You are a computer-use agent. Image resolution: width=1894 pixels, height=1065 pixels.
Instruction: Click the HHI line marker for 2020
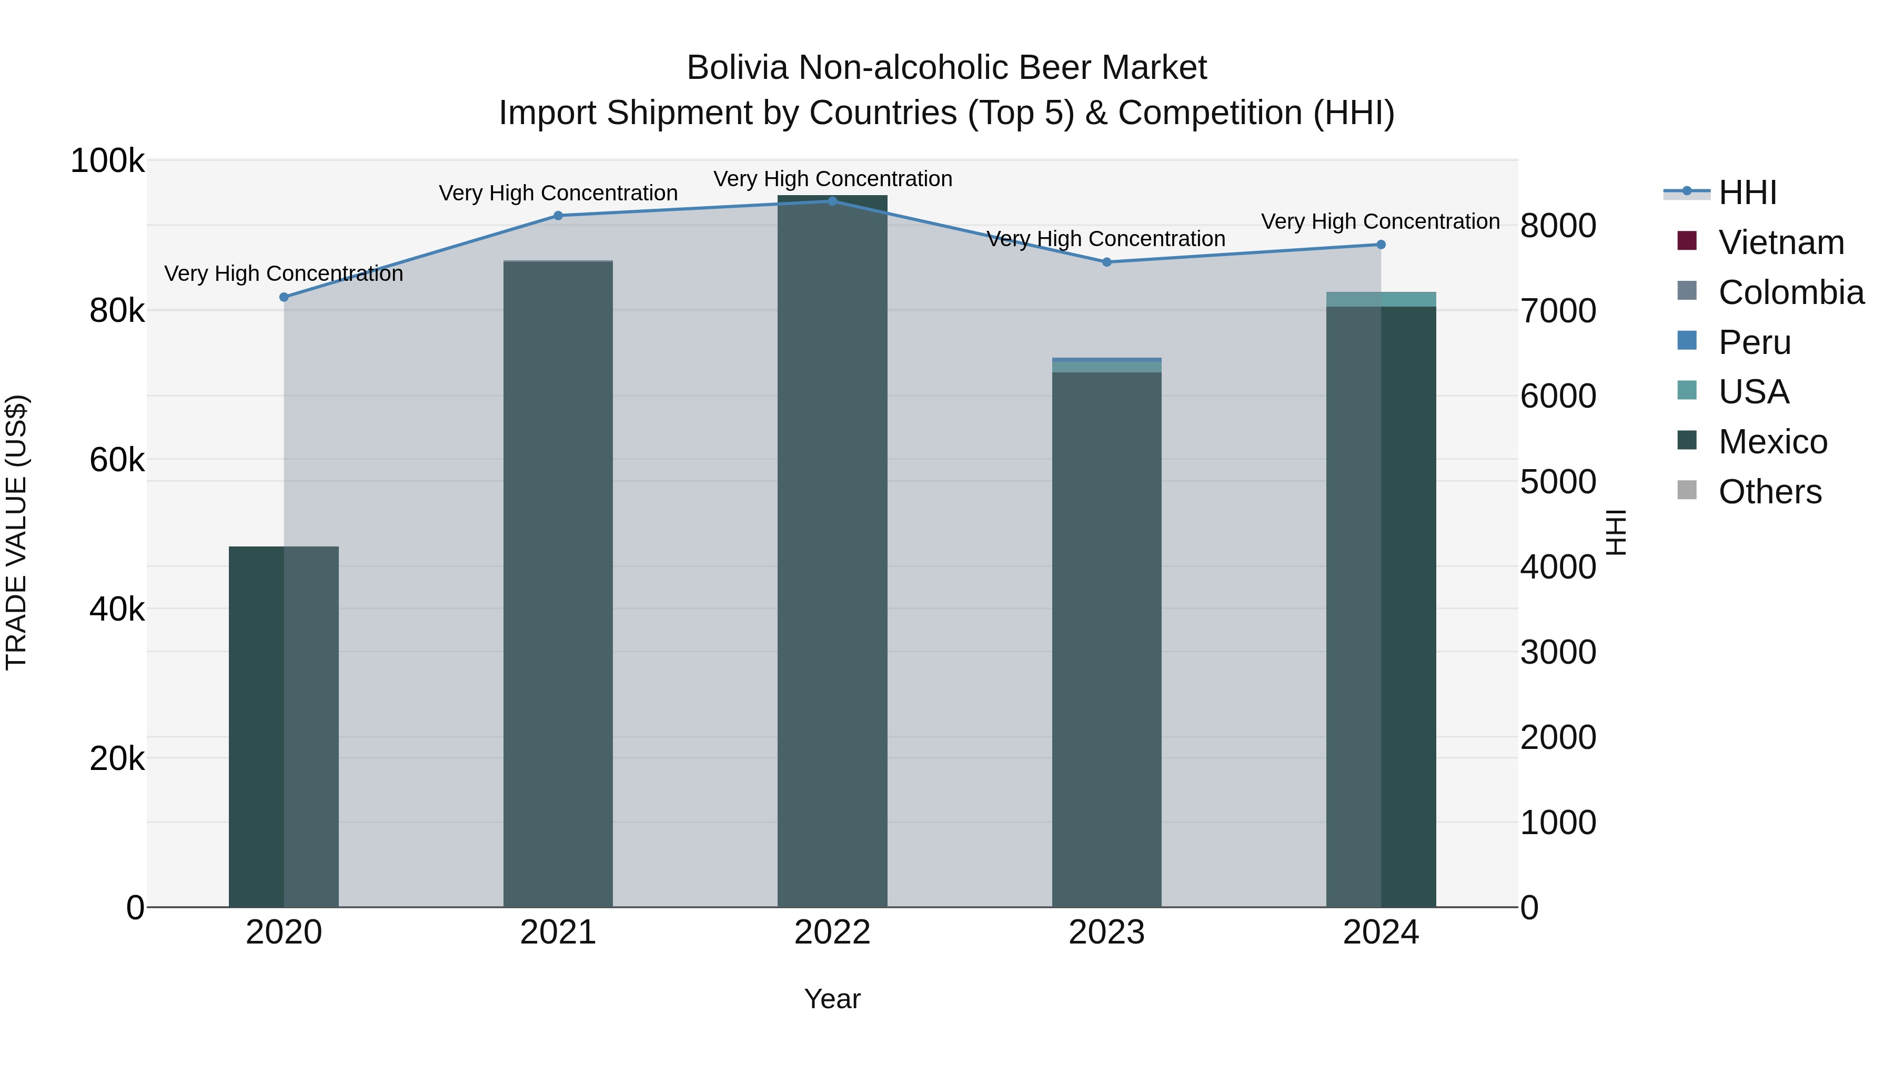pyautogui.click(x=284, y=297)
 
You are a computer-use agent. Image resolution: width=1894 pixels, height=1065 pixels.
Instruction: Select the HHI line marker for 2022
pyautogui.click(x=832, y=201)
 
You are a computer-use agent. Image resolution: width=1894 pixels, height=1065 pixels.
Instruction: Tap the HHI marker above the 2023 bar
pyautogui.click(x=1106, y=262)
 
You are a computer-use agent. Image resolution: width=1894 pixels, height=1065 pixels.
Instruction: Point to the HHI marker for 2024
pyautogui.click(x=1381, y=245)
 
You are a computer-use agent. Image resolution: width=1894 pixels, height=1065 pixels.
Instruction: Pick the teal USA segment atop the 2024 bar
pyautogui.click(x=1381, y=299)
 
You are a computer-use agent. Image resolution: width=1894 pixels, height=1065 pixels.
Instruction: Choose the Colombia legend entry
pyautogui.click(x=1790, y=292)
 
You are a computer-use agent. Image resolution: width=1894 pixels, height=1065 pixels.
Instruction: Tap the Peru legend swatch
pyautogui.click(x=1687, y=341)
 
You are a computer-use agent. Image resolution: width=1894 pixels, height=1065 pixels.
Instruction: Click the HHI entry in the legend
pyautogui.click(x=1747, y=192)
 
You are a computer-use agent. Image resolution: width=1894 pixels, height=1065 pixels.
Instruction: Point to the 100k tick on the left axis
pyautogui.click(x=107, y=161)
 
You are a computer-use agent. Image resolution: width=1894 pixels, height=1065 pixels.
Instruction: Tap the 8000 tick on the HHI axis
pyautogui.click(x=1558, y=226)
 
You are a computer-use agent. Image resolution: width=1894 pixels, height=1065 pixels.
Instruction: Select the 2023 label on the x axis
pyautogui.click(x=1106, y=932)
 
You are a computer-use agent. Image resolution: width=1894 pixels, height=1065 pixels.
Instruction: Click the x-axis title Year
pyautogui.click(x=832, y=999)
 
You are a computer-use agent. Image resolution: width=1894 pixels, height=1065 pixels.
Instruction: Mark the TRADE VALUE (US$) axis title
pyautogui.click(x=17, y=532)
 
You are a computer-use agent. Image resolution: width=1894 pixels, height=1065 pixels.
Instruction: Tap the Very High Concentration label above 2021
pyautogui.click(x=558, y=194)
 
